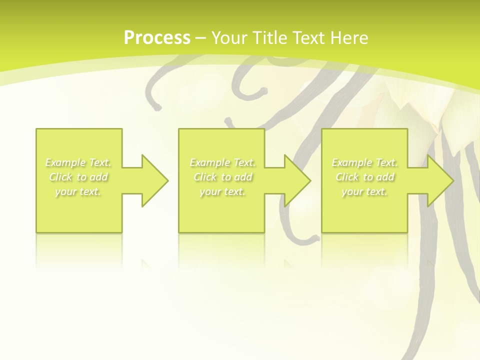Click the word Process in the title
157,38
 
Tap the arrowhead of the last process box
439,180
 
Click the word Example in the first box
65,162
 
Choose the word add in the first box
98,177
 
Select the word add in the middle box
243,177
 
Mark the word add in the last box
385,177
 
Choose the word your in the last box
351,192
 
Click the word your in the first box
65,192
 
